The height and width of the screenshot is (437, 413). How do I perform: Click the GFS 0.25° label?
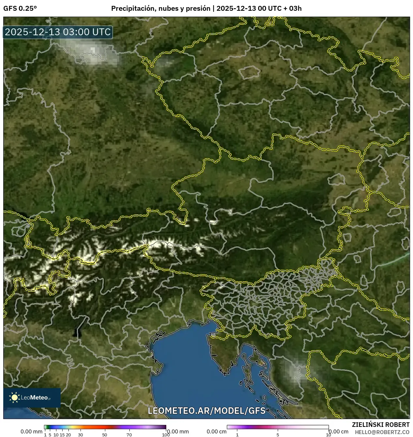(20, 8)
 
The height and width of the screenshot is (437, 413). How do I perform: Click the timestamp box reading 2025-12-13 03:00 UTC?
(58, 32)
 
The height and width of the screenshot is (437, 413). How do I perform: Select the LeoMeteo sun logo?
(14, 397)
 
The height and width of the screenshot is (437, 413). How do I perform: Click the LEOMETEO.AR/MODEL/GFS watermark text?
(207, 411)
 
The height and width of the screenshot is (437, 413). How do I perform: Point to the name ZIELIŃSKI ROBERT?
(380, 425)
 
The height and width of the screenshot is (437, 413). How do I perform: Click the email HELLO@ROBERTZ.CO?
(382, 432)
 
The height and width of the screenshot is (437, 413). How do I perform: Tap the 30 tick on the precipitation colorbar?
(81, 434)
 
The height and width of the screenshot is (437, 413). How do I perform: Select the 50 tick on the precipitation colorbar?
(105, 434)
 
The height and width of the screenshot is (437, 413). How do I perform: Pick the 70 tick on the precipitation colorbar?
(129, 434)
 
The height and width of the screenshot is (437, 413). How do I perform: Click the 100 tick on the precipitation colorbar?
(166, 434)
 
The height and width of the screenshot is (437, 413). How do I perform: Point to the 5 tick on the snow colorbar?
(278, 434)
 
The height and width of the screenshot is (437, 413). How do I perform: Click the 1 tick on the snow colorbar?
(237, 434)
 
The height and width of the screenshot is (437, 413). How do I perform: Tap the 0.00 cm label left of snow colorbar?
(216, 431)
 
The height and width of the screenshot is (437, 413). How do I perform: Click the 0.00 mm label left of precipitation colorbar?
(31, 431)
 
